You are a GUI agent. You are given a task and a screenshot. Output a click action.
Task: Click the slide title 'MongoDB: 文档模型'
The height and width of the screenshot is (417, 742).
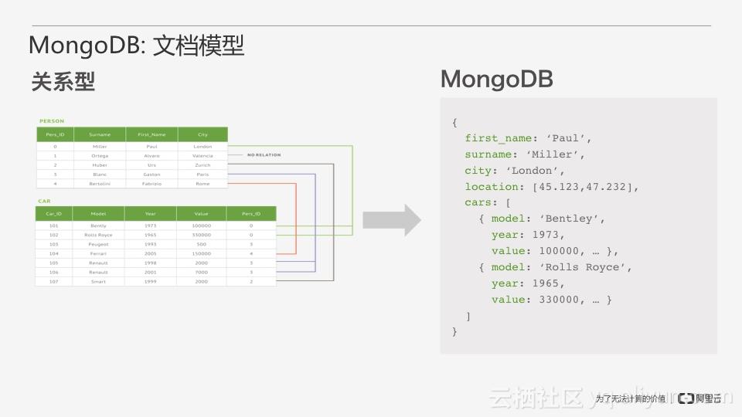point(136,46)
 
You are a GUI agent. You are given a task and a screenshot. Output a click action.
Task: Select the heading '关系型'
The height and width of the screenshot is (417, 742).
point(63,82)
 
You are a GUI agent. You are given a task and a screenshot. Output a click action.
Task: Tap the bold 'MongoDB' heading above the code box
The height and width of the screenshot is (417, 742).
point(496,79)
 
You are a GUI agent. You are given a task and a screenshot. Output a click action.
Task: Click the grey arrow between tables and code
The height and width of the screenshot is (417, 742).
point(392,220)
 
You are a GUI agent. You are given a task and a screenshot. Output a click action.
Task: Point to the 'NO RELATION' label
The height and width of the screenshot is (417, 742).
point(264,155)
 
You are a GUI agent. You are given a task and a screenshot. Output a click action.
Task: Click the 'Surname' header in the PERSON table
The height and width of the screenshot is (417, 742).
point(100,134)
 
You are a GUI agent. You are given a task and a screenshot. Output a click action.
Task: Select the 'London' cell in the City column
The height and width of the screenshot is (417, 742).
point(203,146)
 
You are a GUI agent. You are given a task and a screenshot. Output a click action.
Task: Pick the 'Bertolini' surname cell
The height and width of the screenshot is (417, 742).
point(100,184)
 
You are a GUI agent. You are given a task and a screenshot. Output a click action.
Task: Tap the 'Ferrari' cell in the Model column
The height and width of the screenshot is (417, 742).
point(98,253)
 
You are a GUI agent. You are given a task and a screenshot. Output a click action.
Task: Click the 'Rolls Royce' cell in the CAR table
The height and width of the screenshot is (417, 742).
point(98,235)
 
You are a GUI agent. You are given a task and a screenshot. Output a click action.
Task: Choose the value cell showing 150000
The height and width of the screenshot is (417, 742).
point(201,253)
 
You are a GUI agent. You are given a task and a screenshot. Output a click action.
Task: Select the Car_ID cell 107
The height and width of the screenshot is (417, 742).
point(53,282)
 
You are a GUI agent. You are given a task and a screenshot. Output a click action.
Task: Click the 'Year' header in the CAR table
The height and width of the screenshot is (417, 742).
point(150,213)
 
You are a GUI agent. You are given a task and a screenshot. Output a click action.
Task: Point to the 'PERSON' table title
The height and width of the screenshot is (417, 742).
point(52,120)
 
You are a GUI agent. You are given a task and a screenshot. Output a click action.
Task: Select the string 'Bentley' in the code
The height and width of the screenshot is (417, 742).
point(573,219)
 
